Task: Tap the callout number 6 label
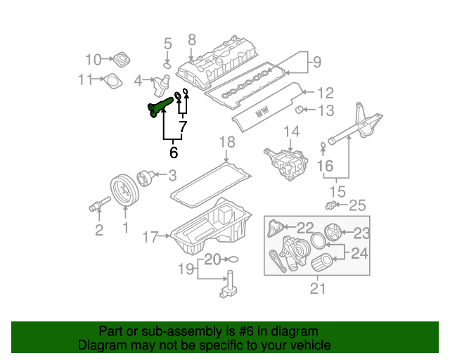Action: tap(173, 151)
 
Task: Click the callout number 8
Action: tap(191, 41)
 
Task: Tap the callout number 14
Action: tap(291, 131)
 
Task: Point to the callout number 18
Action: tap(225, 143)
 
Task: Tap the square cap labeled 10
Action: tap(123, 59)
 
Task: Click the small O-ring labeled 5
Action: tap(167, 65)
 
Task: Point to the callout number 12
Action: tap(324, 92)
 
